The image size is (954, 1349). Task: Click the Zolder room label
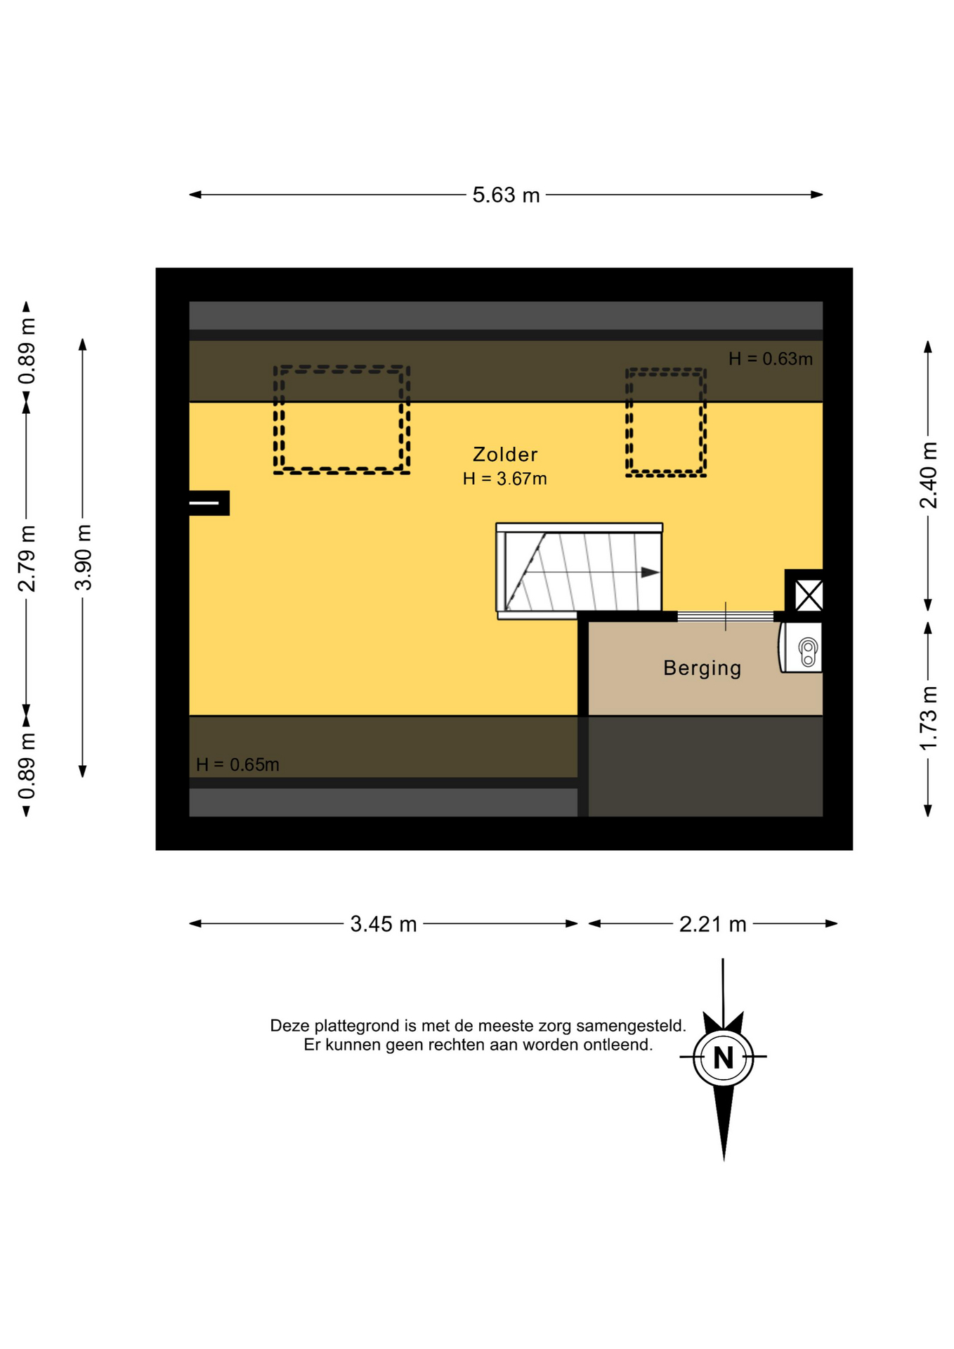pyautogui.click(x=505, y=455)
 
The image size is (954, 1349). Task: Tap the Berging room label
pyautogui.click(x=703, y=668)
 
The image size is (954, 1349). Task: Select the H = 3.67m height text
pyautogui.click(x=504, y=479)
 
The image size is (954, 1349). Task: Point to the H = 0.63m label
pyautogui.click(x=771, y=359)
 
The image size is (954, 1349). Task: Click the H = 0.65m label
pyautogui.click(x=237, y=764)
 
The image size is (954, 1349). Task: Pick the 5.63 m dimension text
pyautogui.click(x=506, y=195)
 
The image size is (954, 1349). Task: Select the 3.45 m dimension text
pyautogui.click(x=384, y=924)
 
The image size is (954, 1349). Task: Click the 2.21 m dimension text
pyautogui.click(x=712, y=924)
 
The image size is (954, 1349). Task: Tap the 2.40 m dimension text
pyautogui.click(x=929, y=475)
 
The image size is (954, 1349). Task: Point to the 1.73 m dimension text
pyautogui.click(x=929, y=719)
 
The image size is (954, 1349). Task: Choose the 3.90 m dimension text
pyautogui.click(x=83, y=557)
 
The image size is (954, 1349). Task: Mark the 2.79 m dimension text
pyautogui.click(x=27, y=559)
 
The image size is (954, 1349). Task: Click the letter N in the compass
pyautogui.click(x=723, y=1057)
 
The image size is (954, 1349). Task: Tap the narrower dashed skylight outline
pyautogui.click(x=666, y=370)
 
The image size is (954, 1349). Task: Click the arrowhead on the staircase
pyautogui.click(x=650, y=573)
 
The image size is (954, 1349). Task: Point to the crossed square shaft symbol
pyautogui.click(x=809, y=596)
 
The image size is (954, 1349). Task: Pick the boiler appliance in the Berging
pyautogui.click(x=801, y=648)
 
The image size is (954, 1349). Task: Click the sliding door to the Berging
pyautogui.click(x=726, y=617)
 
